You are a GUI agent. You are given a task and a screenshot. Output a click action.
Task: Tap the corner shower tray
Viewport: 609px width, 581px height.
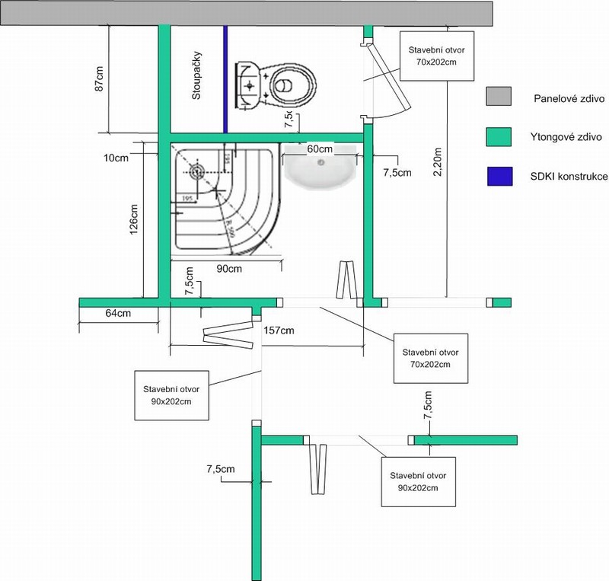221,202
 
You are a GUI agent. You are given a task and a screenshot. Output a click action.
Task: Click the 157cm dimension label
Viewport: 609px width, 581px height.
279,330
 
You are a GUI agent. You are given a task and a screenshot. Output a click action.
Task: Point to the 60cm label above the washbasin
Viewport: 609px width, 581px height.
320,149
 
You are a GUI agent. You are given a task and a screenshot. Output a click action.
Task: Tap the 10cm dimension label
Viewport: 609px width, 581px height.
117,158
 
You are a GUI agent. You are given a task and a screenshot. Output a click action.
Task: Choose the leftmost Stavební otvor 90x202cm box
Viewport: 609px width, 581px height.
171,395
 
